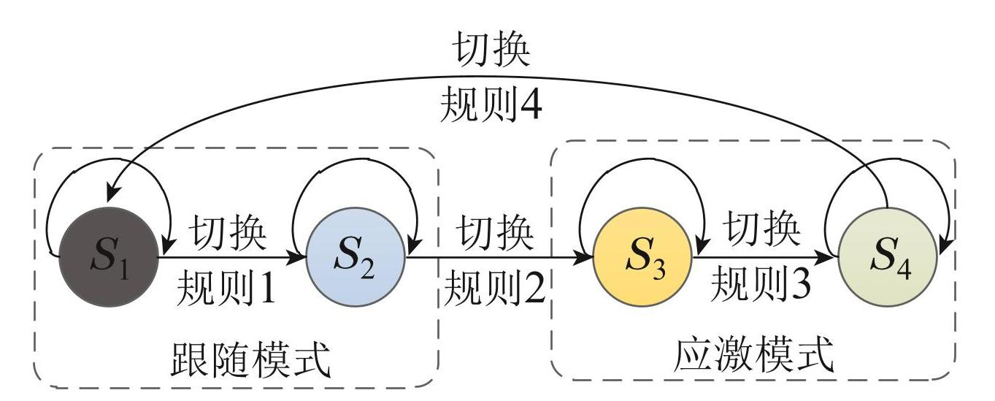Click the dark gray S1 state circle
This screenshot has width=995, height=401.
pyautogui.click(x=107, y=257)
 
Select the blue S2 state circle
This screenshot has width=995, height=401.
pyautogui.click(x=355, y=257)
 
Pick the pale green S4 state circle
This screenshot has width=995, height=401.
pyautogui.click(x=887, y=257)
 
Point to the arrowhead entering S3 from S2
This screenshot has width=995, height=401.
pyautogui.click(x=585, y=257)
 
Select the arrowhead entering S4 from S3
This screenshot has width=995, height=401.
pyautogui.click(x=830, y=257)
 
